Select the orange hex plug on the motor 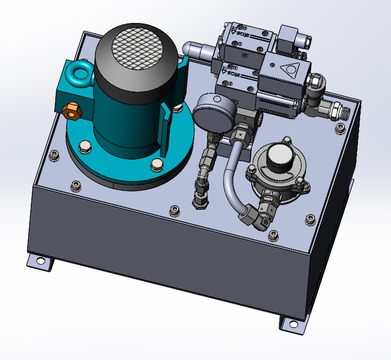coord(70,110)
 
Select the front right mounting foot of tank coord(292,323)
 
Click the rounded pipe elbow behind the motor coord(195,50)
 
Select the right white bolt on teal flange coord(155,165)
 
